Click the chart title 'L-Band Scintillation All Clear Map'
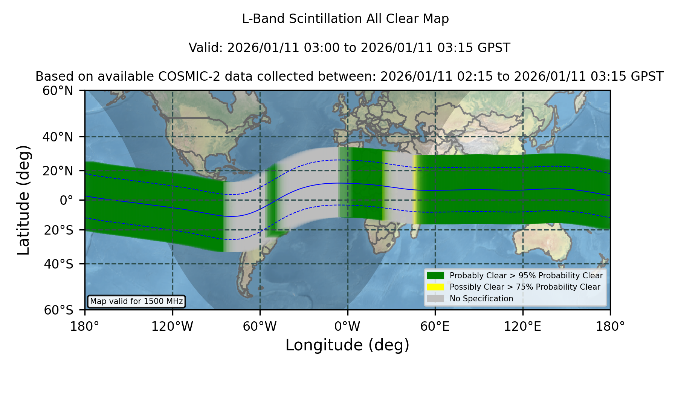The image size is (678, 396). (x=345, y=19)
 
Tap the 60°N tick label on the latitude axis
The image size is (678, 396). (x=58, y=91)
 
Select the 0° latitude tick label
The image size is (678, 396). (x=66, y=200)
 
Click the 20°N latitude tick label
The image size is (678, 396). (x=58, y=171)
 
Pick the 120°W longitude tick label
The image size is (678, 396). (x=172, y=326)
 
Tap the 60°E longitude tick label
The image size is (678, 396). (x=435, y=326)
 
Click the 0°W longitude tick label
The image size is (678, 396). (x=347, y=326)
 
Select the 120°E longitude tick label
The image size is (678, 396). (x=522, y=326)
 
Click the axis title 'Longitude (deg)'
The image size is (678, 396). (x=347, y=345)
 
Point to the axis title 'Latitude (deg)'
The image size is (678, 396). (x=24, y=200)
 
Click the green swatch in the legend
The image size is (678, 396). (x=436, y=276)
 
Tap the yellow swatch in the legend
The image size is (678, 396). (x=436, y=287)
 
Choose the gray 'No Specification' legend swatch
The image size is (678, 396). (x=436, y=299)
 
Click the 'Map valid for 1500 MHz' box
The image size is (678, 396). (x=136, y=301)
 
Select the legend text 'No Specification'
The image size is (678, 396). (x=481, y=299)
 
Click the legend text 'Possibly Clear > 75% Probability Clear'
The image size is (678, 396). (x=525, y=287)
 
